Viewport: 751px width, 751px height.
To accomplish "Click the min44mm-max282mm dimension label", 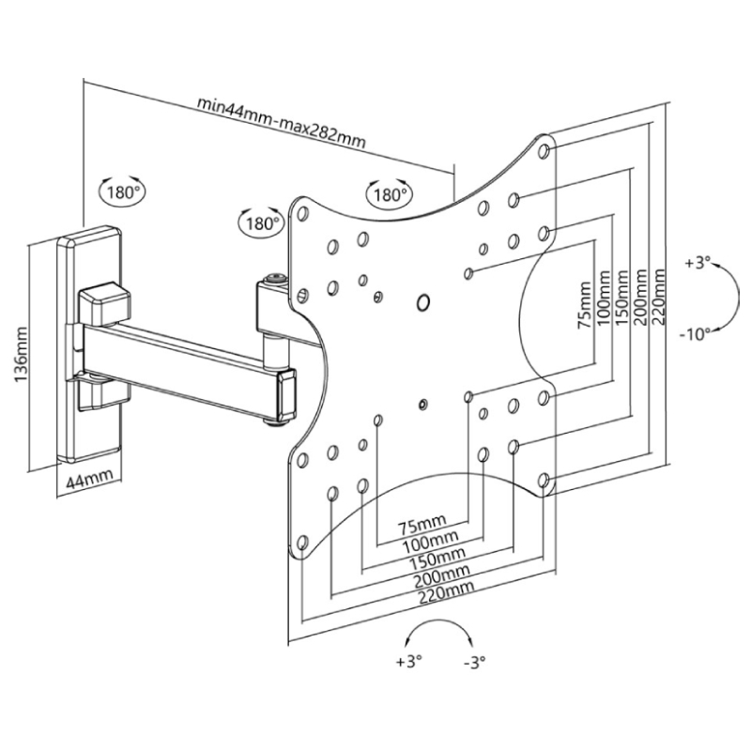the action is pyautogui.click(x=282, y=123).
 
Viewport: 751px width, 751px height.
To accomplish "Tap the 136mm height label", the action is pyautogui.click(x=21, y=355).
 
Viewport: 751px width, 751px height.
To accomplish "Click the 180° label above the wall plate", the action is pyautogui.click(x=123, y=192).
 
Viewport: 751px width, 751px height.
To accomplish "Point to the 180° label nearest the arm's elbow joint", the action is pyautogui.click(x=262, y=222).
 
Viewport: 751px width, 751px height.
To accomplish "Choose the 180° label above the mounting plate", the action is pyautogui.click(x=390, y=195).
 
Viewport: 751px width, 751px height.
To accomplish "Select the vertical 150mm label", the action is pyautogui.click(x=621, y=298).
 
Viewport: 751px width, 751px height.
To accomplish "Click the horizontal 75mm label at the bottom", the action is pyautogui.click(x=422, y=526).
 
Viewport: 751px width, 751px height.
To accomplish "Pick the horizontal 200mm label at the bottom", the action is pyautogui.click(x=441, y=575).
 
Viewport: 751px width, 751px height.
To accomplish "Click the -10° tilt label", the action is pyautogui.click(x=695, y=334).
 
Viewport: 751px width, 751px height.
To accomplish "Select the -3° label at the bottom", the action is pyautogui.click(x=475, y=662).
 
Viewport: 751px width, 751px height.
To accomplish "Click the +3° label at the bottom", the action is pyautogui.click(x=408, y=662).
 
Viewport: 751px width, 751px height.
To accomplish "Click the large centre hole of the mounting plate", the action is pyautogui.click(x=423, y=302).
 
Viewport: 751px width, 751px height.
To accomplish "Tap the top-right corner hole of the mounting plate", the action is pyautogui.click(x=544, y=151).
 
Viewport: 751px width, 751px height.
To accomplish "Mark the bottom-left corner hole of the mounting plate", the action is pyautogui.click(x=301, y=543).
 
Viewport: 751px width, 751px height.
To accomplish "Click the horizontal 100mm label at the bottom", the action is pyautogui.click(x=430, y=544).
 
